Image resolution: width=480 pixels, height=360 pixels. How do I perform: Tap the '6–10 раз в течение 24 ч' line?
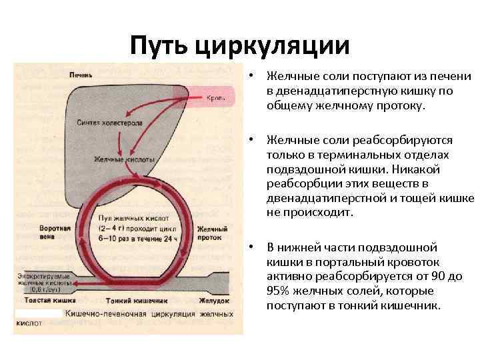(x=136, y=237)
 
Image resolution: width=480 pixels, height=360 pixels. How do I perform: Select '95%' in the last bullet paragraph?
(x=279, y=291)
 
